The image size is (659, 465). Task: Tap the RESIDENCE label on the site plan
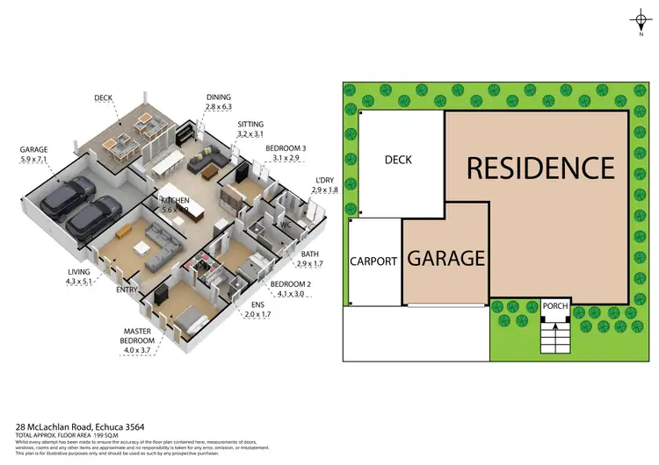tap(540, 167)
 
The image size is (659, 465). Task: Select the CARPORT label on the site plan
tap(375, 261)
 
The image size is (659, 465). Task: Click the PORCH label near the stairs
tap(555, 306)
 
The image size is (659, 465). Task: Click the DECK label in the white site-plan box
tap(398, 160)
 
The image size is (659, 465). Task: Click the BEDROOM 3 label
tap(286, 153)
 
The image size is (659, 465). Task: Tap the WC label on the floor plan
tap(286, 225)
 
